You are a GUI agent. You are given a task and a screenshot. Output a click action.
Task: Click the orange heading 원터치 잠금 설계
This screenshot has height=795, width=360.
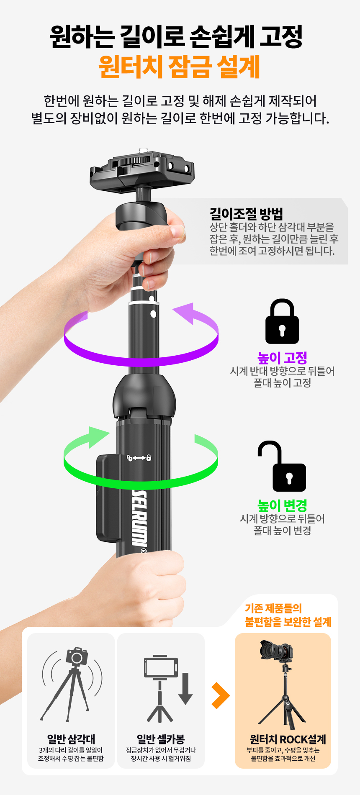tap(180, 67)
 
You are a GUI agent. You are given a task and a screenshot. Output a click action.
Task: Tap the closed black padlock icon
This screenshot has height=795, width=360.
tap(282, 321)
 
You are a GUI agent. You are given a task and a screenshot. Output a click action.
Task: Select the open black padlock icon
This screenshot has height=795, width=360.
tap(282, 466)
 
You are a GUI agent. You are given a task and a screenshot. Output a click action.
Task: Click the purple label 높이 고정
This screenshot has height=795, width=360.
tap(282, 358)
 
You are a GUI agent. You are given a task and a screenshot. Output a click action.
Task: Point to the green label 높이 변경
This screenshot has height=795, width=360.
tap(282, 505)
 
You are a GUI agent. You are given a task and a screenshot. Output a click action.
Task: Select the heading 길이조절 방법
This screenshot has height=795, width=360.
tap(246, 214)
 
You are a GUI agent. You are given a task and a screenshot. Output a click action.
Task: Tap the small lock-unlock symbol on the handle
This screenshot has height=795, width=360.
tap(139, 458)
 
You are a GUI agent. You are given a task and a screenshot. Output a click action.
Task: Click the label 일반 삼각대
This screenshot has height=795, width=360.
tap(71, 739)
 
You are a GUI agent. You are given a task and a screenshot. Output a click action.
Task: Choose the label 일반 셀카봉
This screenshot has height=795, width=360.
tap(161, 739)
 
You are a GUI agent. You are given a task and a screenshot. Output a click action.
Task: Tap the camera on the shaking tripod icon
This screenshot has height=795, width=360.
tap(77, 657)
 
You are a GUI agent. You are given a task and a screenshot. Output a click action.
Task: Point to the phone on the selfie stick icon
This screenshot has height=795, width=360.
tap(161, 667)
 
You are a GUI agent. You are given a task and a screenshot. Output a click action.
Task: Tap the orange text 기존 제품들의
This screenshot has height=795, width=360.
tap(273, 608)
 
